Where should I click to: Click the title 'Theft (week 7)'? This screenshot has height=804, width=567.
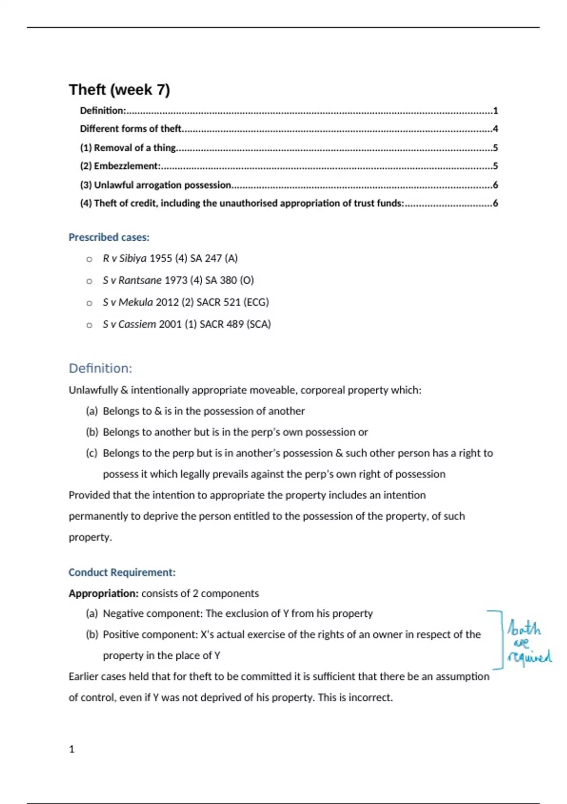click(119, 89)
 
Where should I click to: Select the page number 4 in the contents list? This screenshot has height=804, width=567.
click(495, 129)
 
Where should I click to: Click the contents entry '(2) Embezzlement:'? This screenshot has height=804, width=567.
click(120, 166)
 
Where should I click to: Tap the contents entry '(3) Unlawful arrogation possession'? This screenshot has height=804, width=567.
click(155, 185)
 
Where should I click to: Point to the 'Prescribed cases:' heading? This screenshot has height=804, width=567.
click(109, 237)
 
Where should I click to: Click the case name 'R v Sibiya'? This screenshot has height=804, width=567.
click(124, 258)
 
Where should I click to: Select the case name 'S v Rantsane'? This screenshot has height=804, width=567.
click(132, 280)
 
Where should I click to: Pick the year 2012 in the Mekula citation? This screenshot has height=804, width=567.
click(167, 302)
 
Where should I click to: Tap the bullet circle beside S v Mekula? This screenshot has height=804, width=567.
click(89, 303)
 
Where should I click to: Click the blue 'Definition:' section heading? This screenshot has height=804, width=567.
click(100, 368)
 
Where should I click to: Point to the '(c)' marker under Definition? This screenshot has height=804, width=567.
click(92, 453)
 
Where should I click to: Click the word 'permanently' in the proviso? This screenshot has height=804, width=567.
click(98, 516)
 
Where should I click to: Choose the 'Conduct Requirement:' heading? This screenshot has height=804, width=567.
click(122, 572)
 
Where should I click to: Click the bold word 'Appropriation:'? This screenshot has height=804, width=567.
click(103, 593)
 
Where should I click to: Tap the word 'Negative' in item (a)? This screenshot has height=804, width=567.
click(123, 613)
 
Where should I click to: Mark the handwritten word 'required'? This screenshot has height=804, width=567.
click(529, 657)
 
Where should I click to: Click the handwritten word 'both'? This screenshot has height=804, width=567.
click(524, 629)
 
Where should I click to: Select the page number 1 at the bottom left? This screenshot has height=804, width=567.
click(72, 749)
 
